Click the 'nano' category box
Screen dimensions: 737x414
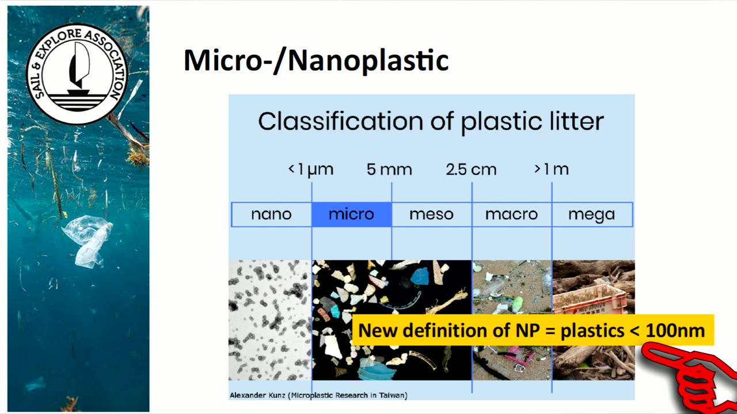pyautogui.click(x=271, y=214)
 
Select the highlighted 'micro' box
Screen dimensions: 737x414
pyautogui.click(x=352, y=214)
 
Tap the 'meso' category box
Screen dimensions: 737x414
pyautogui.click(x=432, y=214)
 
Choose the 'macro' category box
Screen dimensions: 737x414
pyautogui.click(x=512, y=214)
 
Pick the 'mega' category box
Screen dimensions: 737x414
pyautogui.click(x=592, y=214)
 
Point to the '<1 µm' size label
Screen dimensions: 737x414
pyautogui.click(x=311, y=170)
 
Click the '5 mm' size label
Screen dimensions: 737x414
pyautogui.click(x=389, y=170)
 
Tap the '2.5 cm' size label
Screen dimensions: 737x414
pyautogui.click(x=471, y=170)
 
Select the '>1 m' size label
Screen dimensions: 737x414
pyautogui.click(x=552, y=170)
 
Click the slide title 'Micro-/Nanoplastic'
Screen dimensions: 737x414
pyautogui.click(x=316, y=60)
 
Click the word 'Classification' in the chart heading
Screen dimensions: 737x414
pyautogui.click(x=340, y=121)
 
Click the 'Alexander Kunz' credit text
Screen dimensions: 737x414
pyautogui.click(x=257, y=395)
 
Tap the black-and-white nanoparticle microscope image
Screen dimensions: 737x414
pyautogui.click(x=270, y=320)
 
